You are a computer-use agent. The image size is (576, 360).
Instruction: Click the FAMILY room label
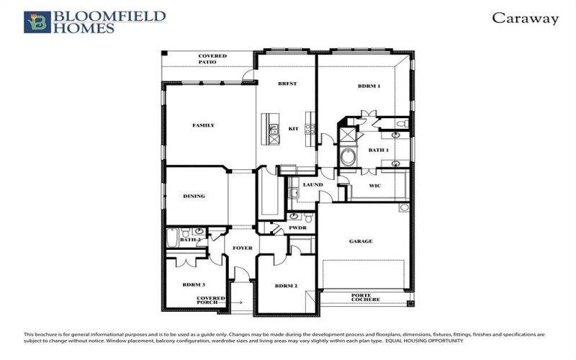203,125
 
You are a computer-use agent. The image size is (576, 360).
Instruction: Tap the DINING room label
194,196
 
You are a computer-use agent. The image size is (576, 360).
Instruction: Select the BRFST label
287,84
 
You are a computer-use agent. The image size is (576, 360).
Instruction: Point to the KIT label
293,129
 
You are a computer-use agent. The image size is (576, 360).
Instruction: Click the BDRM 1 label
369,86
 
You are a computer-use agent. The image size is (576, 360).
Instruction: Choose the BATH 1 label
378,150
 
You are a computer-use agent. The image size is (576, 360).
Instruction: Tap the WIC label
374,186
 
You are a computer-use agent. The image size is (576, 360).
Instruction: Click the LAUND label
312,185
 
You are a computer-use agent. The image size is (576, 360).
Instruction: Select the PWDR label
298,228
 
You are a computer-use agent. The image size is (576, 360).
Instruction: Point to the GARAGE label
361,241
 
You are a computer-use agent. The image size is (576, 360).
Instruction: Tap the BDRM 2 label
286,286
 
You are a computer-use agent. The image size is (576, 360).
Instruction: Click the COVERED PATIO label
212,59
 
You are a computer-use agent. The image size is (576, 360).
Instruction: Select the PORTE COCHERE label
365,297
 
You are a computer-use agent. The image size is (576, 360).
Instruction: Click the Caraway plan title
525,19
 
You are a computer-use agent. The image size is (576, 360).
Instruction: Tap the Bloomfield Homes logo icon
37,22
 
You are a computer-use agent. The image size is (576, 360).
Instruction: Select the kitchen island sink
274,130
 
